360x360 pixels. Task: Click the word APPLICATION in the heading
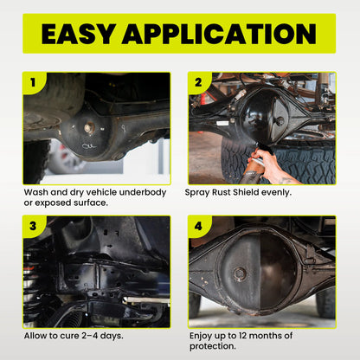[x=220, y=34]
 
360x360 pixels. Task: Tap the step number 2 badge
[x=199, y=83]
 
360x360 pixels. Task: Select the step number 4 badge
[x=199, y=227]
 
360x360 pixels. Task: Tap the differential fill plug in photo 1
[x=88, y=127]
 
